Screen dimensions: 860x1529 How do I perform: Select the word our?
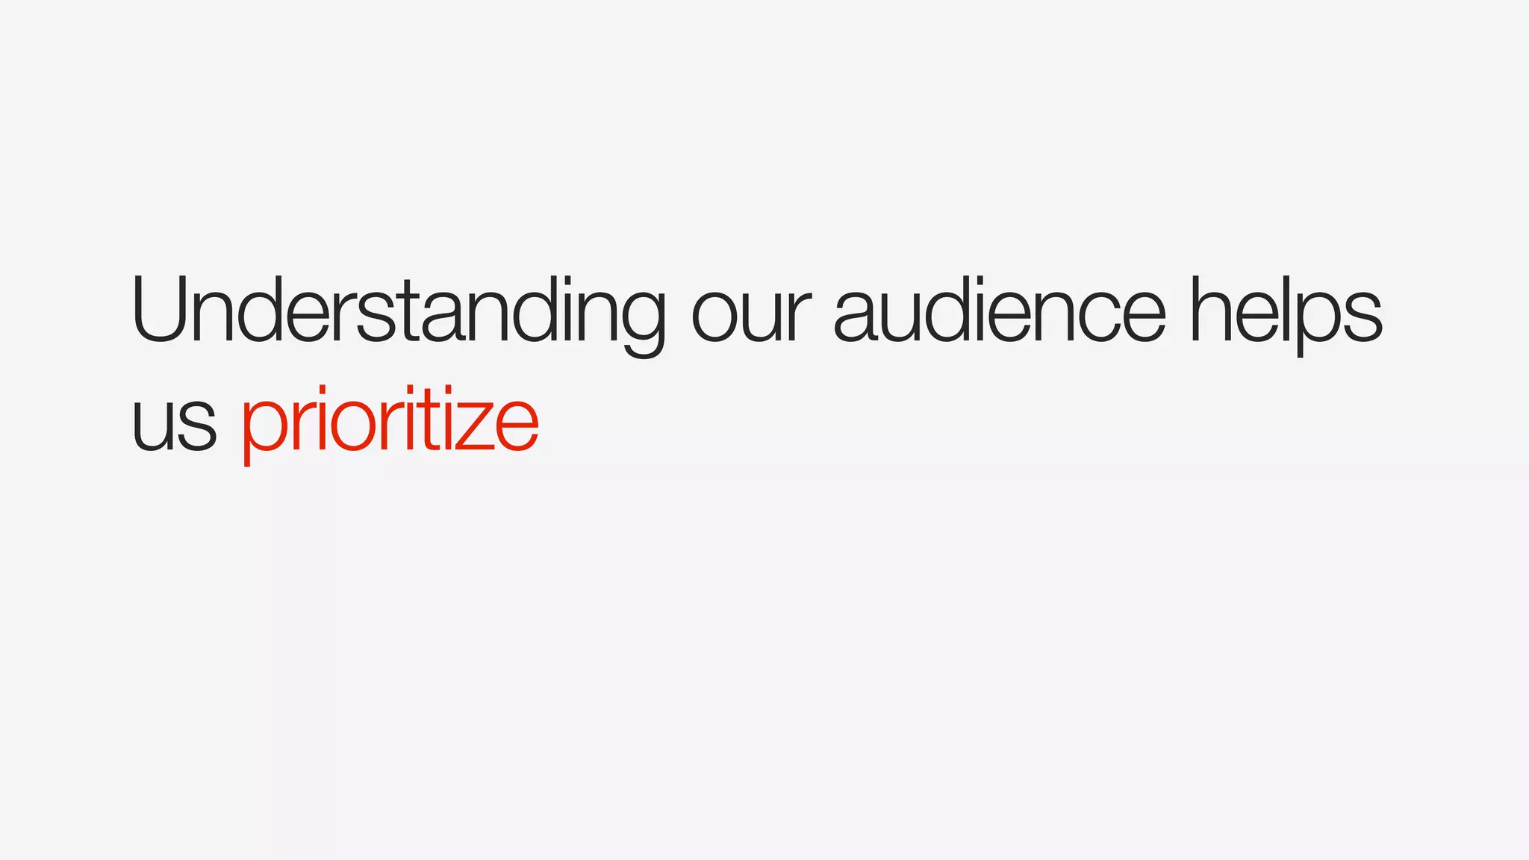750,314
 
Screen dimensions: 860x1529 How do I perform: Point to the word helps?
1286,312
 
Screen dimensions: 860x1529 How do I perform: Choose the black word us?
174,423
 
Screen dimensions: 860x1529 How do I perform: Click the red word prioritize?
389,422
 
